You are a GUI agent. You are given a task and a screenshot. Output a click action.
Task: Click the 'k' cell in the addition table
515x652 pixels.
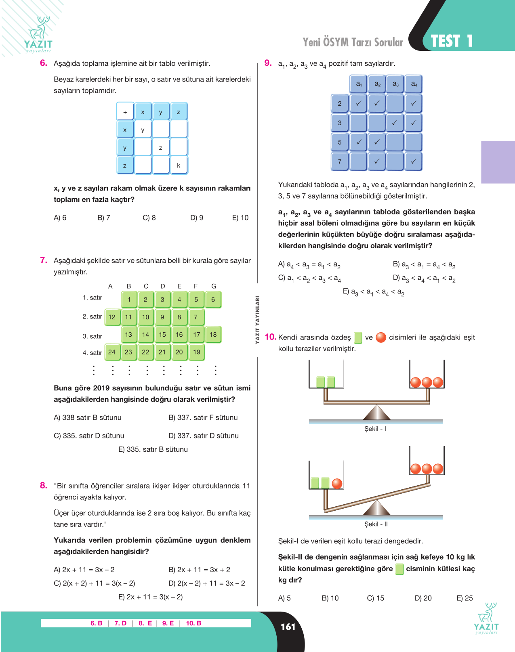pos(179,166)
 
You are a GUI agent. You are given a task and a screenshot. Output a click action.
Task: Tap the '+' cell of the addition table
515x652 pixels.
pos(125,112)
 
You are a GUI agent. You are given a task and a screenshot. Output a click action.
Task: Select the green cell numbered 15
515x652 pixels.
pos(162,335)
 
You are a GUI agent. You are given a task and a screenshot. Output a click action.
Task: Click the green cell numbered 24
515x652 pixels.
pos(112,352)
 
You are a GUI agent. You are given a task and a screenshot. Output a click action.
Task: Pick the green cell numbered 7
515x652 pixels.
pos(196,317)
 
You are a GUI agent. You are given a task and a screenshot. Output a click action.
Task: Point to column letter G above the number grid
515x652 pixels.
pos(214,286)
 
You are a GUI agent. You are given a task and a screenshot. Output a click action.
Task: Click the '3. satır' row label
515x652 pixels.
pos(92,336)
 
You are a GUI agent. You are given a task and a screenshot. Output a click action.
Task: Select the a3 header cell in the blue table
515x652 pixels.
pos(395,84)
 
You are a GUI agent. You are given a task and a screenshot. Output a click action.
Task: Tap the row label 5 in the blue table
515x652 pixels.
pos(339,142)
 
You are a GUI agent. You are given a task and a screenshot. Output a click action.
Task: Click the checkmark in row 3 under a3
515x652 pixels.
pos(395,123)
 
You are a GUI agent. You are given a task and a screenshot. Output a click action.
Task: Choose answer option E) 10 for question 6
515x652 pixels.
pos(240,218)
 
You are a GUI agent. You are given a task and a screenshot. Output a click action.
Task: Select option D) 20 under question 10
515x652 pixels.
pos(423,598)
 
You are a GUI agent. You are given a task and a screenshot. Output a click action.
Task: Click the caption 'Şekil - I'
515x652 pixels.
pos(375,429)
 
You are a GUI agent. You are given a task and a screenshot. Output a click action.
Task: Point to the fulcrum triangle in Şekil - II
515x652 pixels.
pos(376,508)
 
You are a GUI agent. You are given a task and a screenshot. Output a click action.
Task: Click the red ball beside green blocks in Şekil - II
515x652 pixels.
pos(337,483)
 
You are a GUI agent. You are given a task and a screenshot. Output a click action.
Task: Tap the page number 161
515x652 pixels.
pos(288,627)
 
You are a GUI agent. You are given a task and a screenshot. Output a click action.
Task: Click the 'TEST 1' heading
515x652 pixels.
pos(452,41)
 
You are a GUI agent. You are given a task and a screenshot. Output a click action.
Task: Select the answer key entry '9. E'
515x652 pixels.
pos(168,623)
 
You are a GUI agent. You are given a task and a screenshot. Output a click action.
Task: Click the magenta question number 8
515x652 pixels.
pos(44,485)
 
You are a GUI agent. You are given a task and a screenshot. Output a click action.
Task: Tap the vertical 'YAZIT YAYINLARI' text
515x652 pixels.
pos(257,320)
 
